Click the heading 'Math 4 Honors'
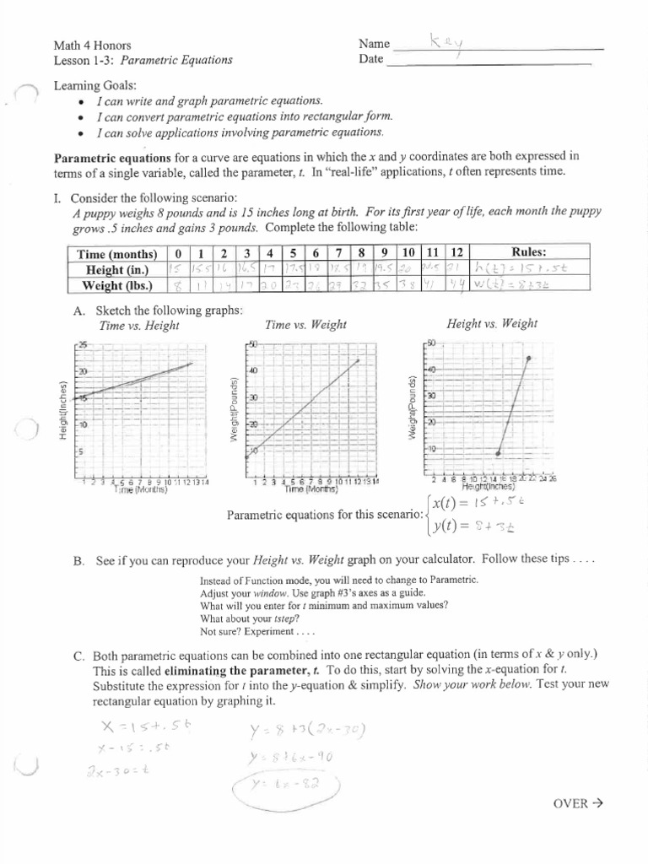tap(92, 45)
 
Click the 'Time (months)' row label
tap(117, 254)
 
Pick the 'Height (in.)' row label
tap(117, 270)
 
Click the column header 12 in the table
tap(456, 253)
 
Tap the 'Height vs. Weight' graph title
tap(492, 323)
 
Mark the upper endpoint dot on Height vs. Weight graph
tap(529, 359)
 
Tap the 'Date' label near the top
tap(370, 59)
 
